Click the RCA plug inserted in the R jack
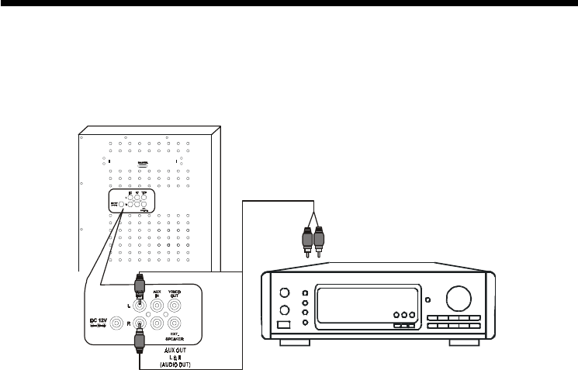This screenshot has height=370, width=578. (x=140, y=337)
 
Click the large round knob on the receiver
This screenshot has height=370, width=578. (x=459, y=299)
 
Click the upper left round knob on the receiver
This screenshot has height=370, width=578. (x=285, y=294)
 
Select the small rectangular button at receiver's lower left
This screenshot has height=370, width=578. (x=285, y=327)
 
